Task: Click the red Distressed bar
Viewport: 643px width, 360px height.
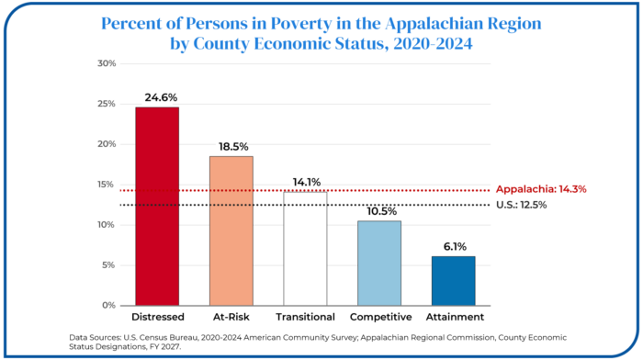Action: tap(157, 207)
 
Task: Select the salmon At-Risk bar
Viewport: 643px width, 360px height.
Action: tap(231, 231)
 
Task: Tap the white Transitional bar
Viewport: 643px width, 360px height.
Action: tap(306, 249)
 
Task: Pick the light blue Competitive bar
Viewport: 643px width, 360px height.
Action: tap(379, 264)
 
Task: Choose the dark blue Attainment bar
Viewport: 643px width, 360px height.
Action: tap(454, 281)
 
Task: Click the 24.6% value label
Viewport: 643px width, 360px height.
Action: tap(161, 97)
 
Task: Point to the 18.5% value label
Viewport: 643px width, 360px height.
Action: tap(233, 146)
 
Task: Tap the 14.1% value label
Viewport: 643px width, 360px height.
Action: tap(306, 182)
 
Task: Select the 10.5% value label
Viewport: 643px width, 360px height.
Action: tap(381, 211)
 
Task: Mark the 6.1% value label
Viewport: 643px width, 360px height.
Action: tap(455, 246)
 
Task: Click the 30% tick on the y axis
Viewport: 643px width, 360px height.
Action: tap(107, 63)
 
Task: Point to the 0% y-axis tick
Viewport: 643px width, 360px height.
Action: tap(109, 306)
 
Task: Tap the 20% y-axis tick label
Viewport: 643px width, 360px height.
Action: tap(107, 144)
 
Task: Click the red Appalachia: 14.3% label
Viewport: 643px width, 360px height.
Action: tap(541, 189)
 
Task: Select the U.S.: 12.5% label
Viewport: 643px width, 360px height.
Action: tap(521, 205)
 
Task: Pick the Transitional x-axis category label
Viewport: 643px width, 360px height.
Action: tap(305, 317)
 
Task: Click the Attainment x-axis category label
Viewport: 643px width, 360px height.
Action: tap(455, 317)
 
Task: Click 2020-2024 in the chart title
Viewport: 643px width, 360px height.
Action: tap(433, 43)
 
